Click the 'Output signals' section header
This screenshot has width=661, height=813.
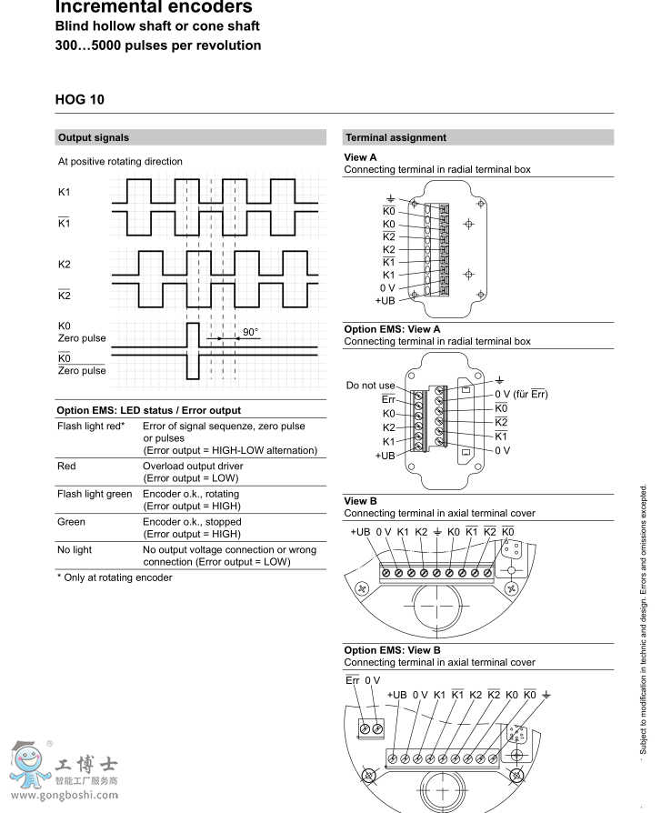(93, 138)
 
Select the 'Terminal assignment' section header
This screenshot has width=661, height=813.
(396, 138)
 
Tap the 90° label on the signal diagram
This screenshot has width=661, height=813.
(250, 332)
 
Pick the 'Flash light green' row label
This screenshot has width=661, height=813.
(95, 494)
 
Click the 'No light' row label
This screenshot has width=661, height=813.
(75, 549)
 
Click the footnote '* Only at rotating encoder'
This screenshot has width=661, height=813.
(114, 577)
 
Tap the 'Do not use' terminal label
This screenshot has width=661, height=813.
(371, 386)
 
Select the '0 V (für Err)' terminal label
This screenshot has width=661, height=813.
(521, 394)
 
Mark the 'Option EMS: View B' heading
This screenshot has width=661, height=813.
(392, 650)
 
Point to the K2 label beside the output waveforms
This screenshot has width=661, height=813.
(64, 265)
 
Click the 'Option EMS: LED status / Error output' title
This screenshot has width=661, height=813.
(148, 411)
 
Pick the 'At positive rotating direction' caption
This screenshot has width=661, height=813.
(120, 162)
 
